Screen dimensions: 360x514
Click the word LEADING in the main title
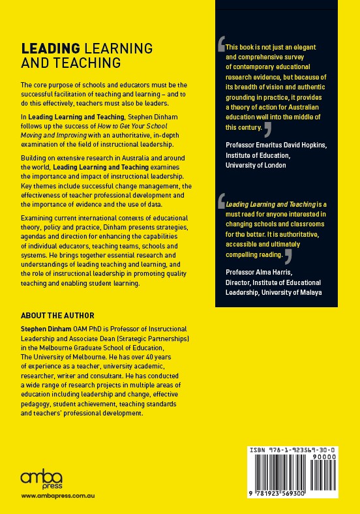[50, 49]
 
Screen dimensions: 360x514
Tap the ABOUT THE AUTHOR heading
[57, 315]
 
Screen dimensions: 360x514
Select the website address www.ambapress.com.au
[60, 496]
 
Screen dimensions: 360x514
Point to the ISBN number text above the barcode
[293, 450]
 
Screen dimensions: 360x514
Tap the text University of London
[255, 165]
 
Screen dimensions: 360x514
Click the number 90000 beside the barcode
[323, 458]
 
